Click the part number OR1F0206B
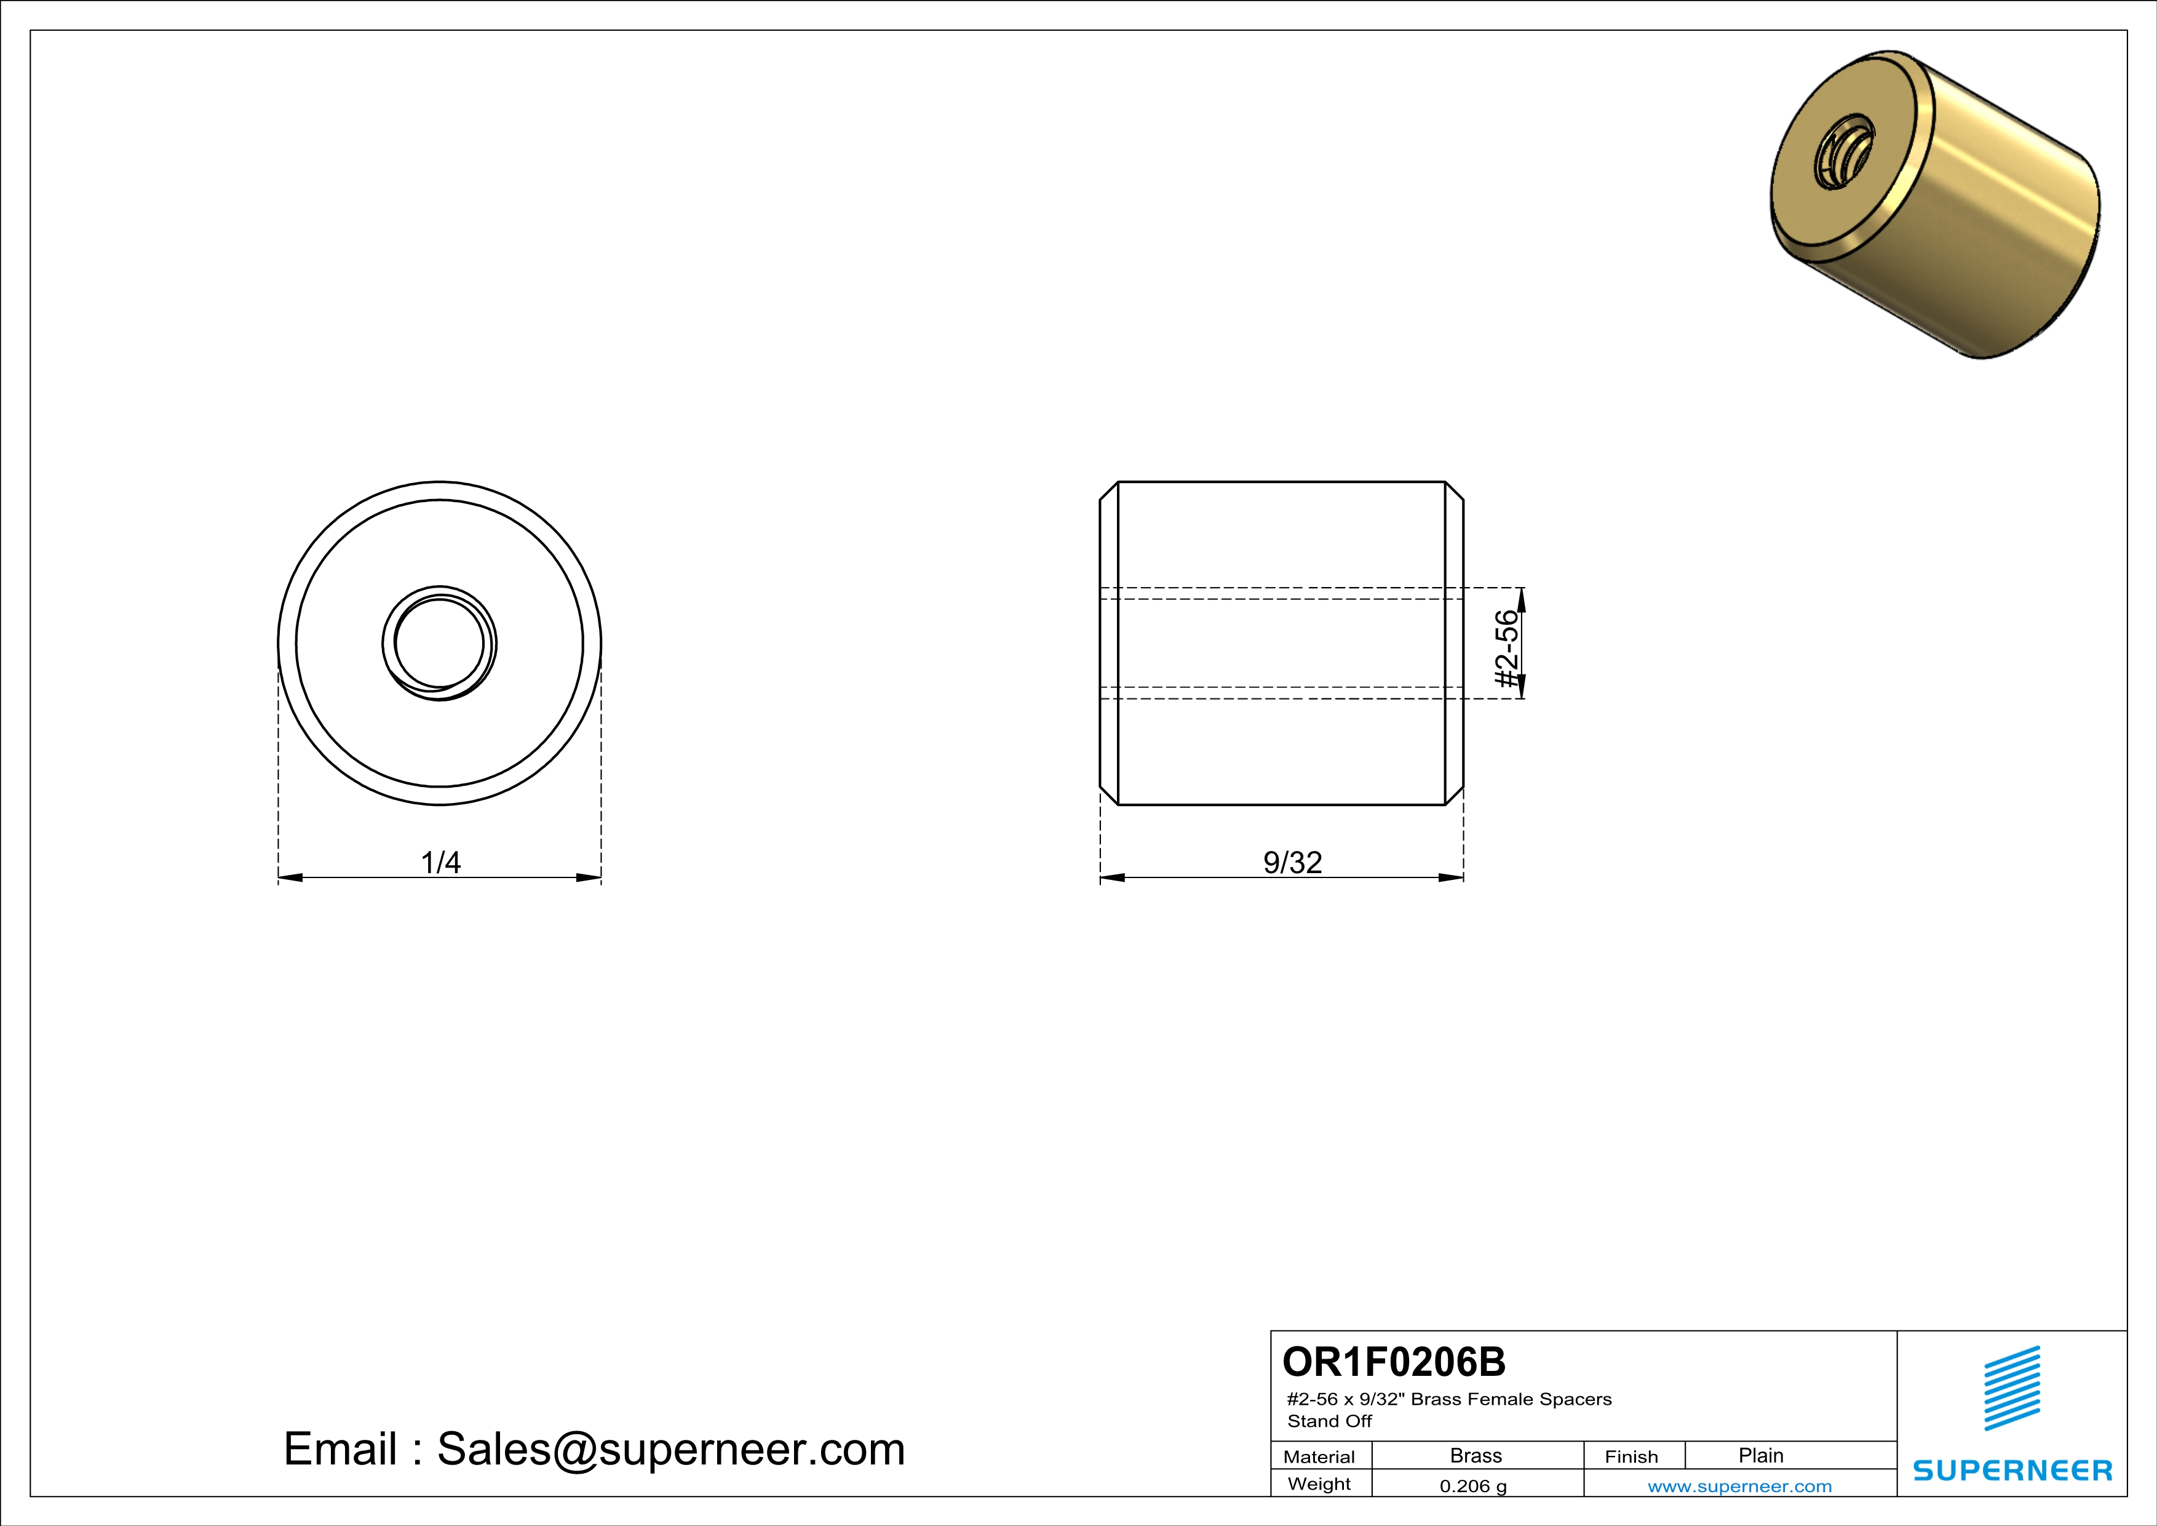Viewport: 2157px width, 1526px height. pyautogui.click(x=1393, y=1362)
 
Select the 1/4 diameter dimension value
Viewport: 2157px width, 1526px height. pyautogui.click(x=440, y=861)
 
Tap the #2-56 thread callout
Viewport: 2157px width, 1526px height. pyautogui.click(x=1506, y=649)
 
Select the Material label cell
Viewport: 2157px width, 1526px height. pyautogui.click(x=1319, y=1456)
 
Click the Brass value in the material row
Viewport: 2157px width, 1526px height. pyautogui.click(x=1476, y=1455)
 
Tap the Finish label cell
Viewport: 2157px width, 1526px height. pyautogui.click(x=1631, y=1456)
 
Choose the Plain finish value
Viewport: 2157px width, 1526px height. pyautogui.click(x=1760, y=1455)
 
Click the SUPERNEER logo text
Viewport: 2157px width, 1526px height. pyautogui.click(x=2012, y=1471)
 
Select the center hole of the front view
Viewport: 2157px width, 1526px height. pyautogui.click(x=440, y=644)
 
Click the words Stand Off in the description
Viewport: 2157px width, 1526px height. pyautogui.click(x=1329, y=1421)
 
